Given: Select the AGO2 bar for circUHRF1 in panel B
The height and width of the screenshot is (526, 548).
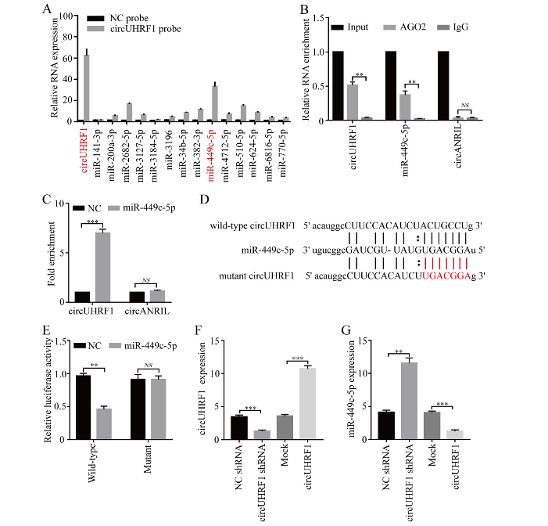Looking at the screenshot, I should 353,102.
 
